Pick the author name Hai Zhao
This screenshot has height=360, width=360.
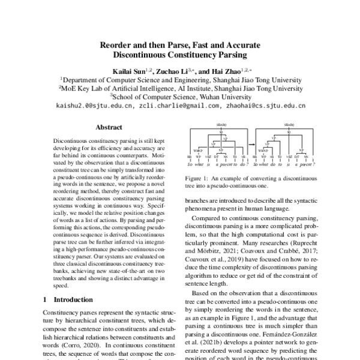pos(234,71)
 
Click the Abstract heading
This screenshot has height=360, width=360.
pos(109,127)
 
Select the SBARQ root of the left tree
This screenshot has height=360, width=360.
pos(221,124)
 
